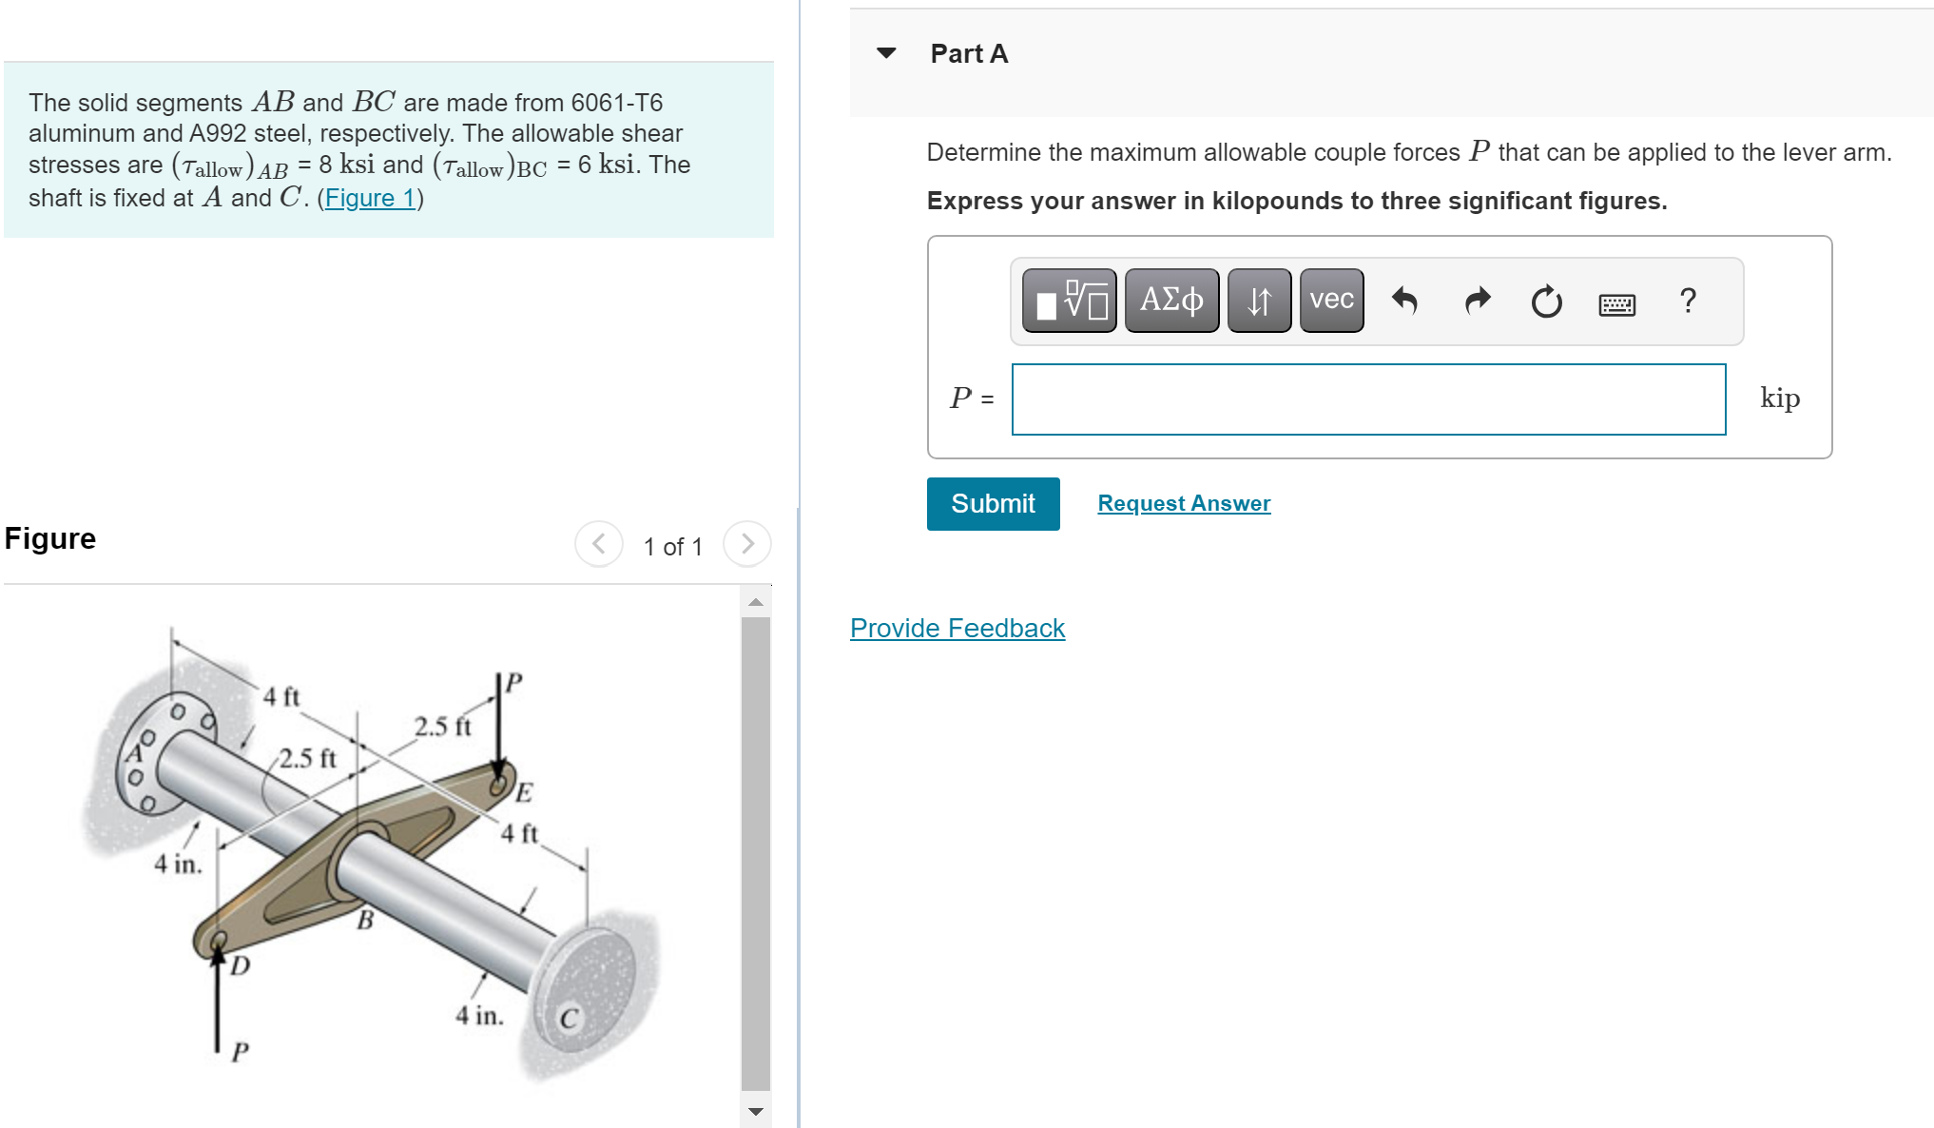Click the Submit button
[x=993, y=504]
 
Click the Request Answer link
[x=1184, y=503]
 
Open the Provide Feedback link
[x=957, y=628]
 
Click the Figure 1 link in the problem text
[x=370, y=198]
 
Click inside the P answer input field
[x=1368, y=399]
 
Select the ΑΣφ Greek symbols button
[x=1171, y=301]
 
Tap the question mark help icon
[x=1688, y=301]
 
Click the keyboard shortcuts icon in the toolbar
[x=1616, y=304]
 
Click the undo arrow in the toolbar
[x=1404, y=301]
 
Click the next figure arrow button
[x=747, y=544]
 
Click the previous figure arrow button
[x=599, y=544]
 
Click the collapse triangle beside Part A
[x=886, y=53]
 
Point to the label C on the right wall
[x=569, y=1019]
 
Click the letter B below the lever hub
[x=365, y=920]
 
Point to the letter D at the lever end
[x=241, y=965]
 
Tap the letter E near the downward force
[x=524, y=792]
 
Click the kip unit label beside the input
[x=1779, y=398]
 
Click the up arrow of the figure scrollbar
[x=756, y=602]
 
